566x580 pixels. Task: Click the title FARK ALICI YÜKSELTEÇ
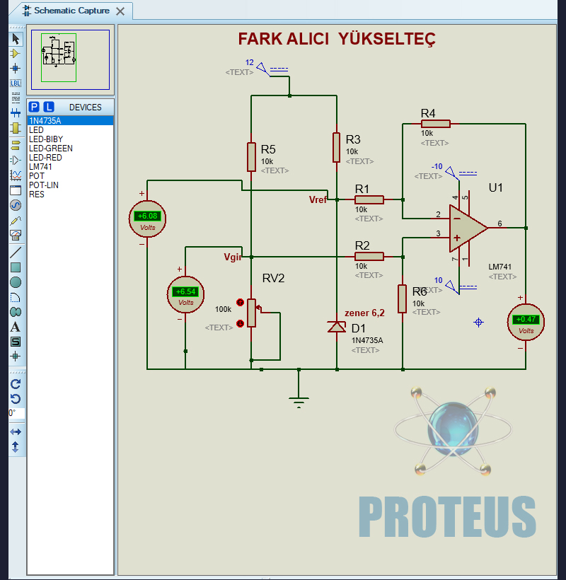pyautogui.click(x=336, y=38)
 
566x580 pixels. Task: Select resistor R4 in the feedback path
pyautogui.click(x=435, y=123)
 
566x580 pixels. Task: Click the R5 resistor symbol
pyautogui.click(x=251, y=156)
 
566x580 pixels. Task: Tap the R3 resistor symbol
pyautogui.click(x=337, y=147)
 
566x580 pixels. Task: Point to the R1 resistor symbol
pyautogui.click(x=369, y=199)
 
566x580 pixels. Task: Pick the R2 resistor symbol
pyautogui.click(x=369, y=256)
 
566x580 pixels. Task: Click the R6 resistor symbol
pyautogui.click(x=402, y=298)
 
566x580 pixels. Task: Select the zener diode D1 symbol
pyautogui.click(x=337, y=327)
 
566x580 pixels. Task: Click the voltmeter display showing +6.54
pyautogui.click(x=186, y=291)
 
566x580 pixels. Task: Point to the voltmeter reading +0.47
pyautogui.click(x=526, y=320)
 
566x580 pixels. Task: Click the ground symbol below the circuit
pyautogui.click(x=299, y=402)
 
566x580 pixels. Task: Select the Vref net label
pyautogui.click(x=318, y=199)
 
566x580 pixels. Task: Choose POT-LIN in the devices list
pyautogui.click(x=44, y=185)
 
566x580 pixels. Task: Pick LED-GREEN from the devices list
pyautogui.click(x=50, y=149)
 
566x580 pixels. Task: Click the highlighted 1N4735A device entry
pyautogui.click(x=45, y=121)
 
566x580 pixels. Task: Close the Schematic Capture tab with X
pyautogui.click(x=120, y=11)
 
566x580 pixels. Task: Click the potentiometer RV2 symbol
pyautogui.click(x=251, y=313)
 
